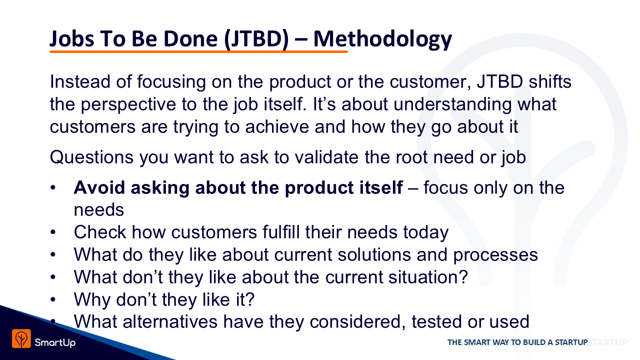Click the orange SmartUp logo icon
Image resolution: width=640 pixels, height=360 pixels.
21,338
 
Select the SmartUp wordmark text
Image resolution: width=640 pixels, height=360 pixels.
55,342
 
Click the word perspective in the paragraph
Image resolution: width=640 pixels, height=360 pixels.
128,104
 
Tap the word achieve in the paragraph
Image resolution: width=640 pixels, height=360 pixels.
277,127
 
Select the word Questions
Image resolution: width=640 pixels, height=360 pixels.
91,157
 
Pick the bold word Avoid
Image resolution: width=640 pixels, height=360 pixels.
99,187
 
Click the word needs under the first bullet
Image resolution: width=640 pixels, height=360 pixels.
99,210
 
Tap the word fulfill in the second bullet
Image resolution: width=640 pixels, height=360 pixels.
281,232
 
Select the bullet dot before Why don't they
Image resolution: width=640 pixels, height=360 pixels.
53,299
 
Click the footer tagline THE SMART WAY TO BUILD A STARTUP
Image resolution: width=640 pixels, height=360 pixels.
517,342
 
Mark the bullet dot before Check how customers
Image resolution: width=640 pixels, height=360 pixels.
53,232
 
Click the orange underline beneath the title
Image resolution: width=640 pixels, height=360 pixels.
198,51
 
